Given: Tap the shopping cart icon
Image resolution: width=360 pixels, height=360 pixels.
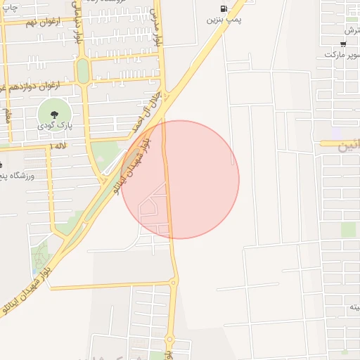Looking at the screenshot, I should click(x=342, y=43).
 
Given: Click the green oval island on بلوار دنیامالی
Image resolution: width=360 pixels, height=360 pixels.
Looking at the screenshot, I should click(x=83, y=70).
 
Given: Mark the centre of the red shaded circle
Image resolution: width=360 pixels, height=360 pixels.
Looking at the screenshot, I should click(x=180, y=179).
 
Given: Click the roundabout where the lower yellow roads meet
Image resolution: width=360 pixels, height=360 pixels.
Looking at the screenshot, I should click(x=173, y=283).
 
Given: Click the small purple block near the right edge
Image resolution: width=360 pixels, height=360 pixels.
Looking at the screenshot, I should click(x=335, y=133).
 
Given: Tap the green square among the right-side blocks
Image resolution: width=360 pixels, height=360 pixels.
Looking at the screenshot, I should click(x=348, y=229).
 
